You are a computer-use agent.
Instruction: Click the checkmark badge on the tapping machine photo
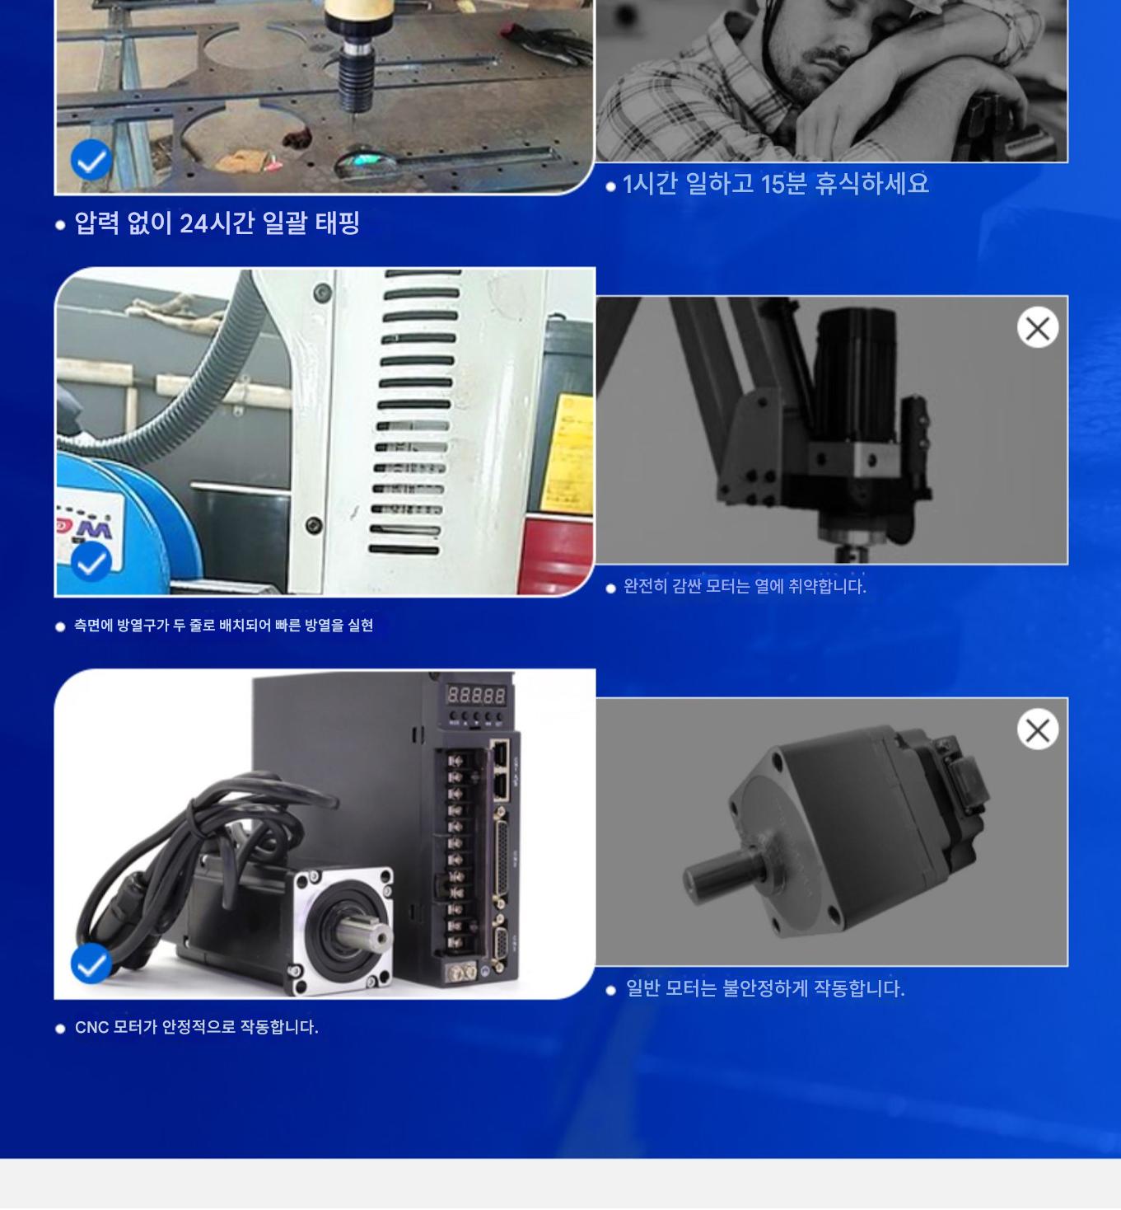tap(91, 160)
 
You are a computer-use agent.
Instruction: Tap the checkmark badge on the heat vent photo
tap(91, 562)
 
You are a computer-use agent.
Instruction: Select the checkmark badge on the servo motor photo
tap(91, 964)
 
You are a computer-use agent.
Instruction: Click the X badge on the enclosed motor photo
tap(1038, 328)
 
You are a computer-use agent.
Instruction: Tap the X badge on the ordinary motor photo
tap(1038, 729)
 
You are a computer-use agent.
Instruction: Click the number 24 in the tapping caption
tap(194, 223)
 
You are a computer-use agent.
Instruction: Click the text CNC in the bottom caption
tap(91, 1027)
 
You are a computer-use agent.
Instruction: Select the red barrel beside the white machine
tap(555, 555)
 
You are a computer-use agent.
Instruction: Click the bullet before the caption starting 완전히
tap(610, 588)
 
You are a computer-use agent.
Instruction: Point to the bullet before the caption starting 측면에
tap(59, 627)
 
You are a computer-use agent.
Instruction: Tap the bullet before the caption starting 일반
tap(610, 990)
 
